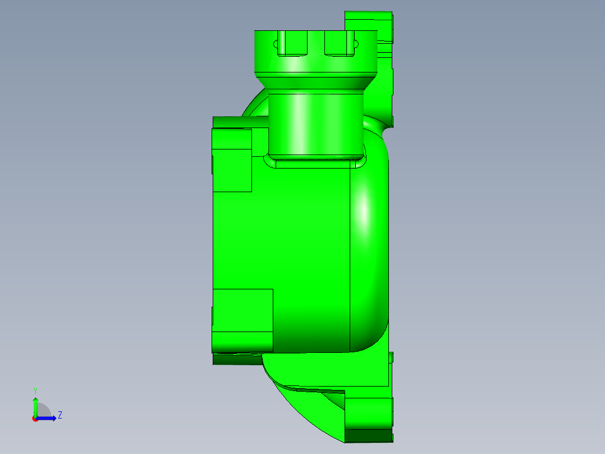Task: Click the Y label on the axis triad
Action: click(35, 390)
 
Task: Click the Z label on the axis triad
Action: click(59, 415)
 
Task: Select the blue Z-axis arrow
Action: click(48, 417)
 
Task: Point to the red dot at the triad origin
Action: click(35, 419)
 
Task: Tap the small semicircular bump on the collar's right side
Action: click(355, 43)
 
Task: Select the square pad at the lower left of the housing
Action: click(242, 310)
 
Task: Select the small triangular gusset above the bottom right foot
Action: click(337, 399)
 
